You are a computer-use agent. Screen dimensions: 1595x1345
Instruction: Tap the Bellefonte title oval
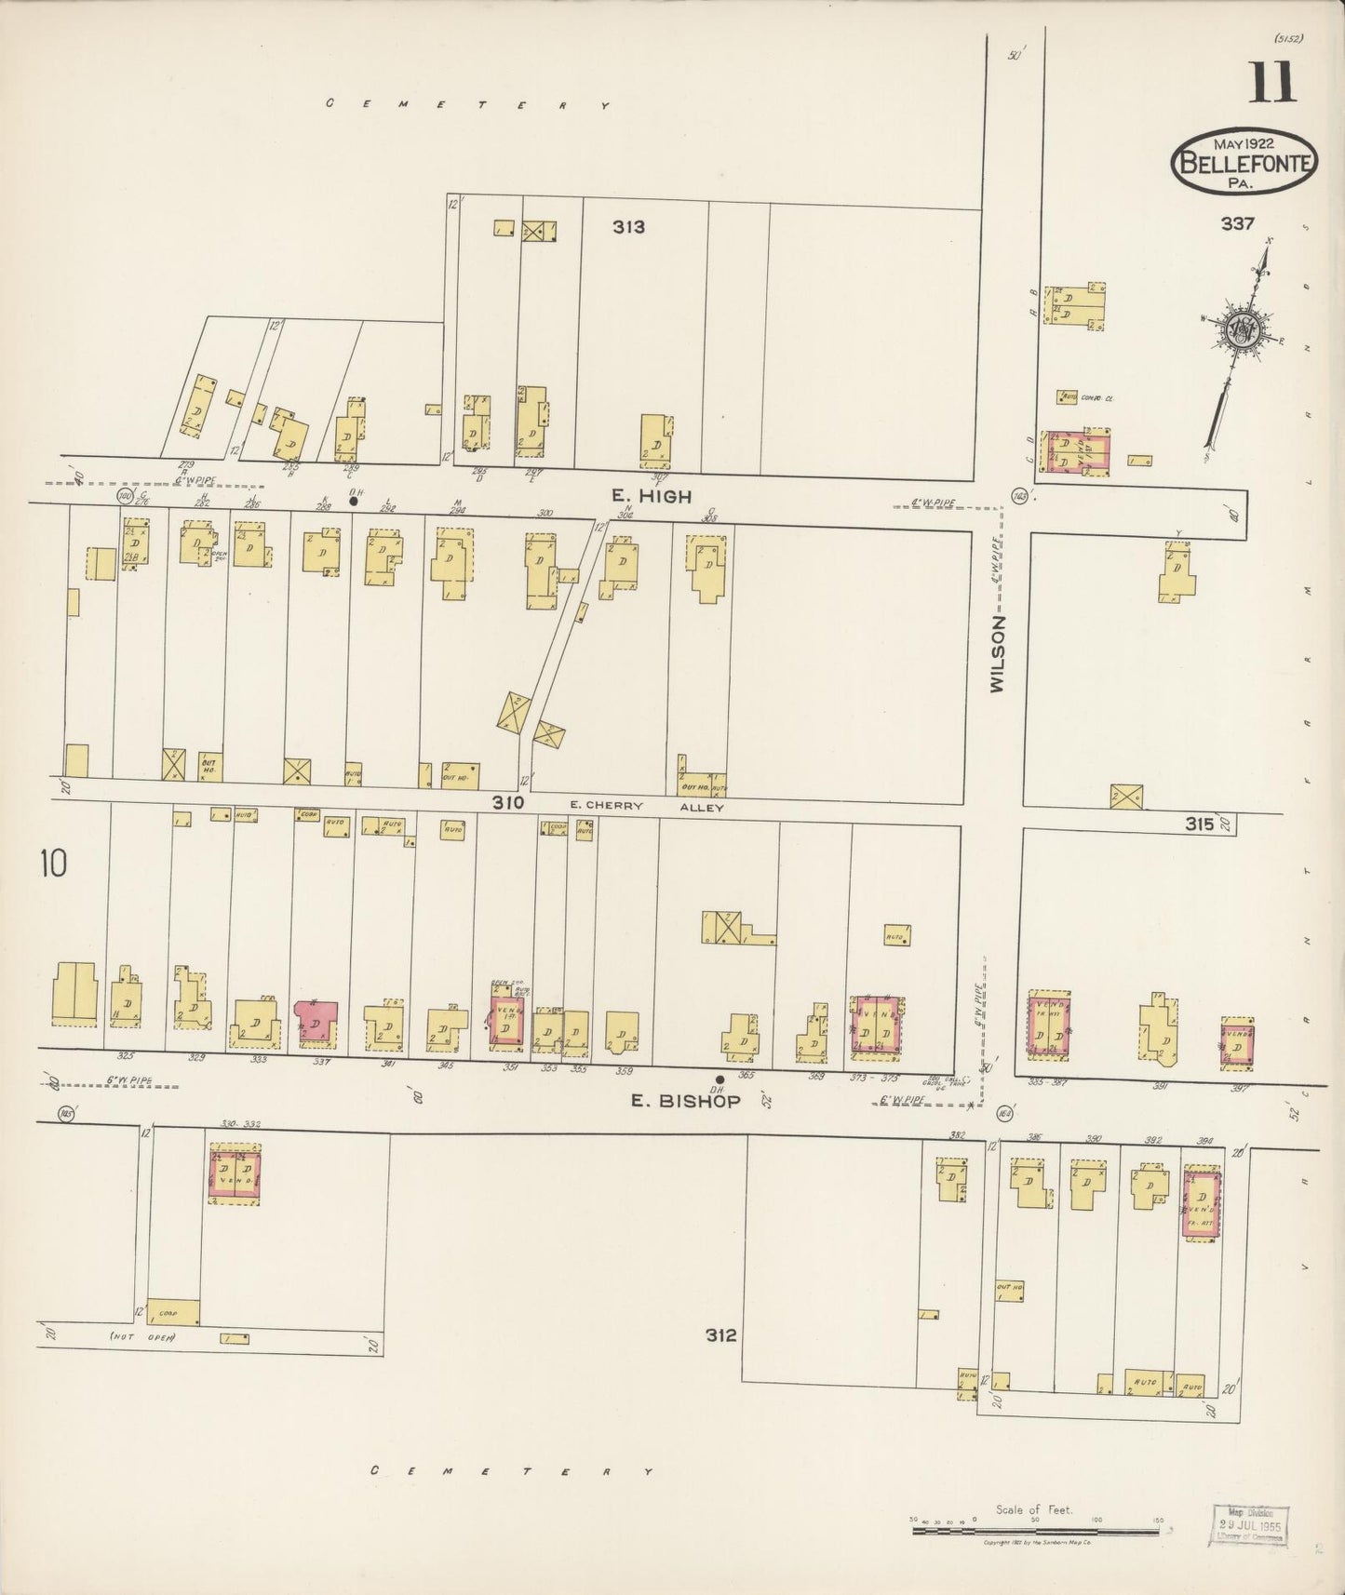tap(1244, 162)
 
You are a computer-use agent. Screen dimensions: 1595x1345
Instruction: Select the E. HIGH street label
tap(652, 497)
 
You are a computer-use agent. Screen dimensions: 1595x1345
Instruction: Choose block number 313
tap(628, 226)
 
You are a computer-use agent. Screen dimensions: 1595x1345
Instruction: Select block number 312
tap(720, 1334)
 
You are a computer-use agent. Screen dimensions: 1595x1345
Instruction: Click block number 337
tap(1239, 223)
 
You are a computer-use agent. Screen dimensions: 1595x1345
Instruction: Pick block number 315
tap(1200, 824)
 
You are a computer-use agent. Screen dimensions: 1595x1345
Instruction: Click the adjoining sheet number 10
tap(53, 865)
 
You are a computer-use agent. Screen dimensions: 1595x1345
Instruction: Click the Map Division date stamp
tap(1252, 1523)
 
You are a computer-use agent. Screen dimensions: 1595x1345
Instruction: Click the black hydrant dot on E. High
tap(353, 501)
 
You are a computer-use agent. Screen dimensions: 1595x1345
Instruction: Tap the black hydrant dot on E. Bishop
tap(719, 1079)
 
